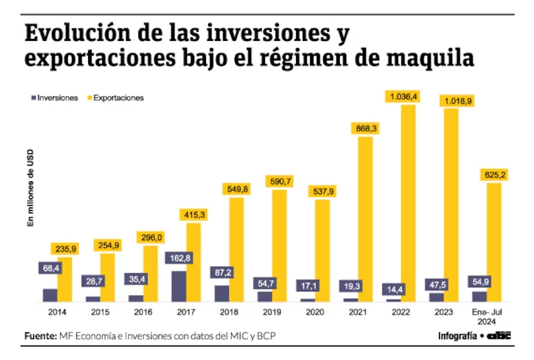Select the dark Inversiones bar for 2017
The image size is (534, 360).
[179, 286]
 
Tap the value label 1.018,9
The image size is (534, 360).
[451, 101]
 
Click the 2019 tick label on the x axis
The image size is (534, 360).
[272, 313]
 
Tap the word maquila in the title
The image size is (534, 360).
[433, 58]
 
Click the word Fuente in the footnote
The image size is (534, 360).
[40, 336]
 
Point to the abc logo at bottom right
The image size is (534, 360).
[499, 336]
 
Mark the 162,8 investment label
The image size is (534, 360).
[179, 258]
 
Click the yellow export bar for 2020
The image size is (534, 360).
[322, 250]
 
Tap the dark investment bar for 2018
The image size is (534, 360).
[222, 293]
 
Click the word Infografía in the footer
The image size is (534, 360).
[458, 336]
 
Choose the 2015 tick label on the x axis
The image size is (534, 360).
[100, 313]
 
